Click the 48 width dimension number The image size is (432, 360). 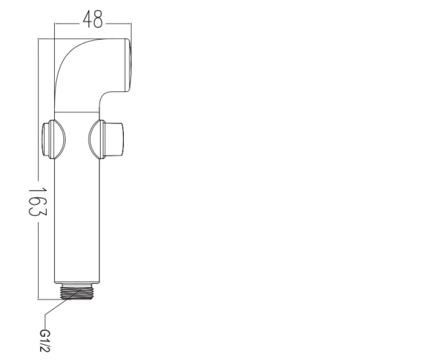tap(93, 19)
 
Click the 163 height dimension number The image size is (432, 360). tap(38, 202)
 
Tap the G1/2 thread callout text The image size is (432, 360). tap(45, 341)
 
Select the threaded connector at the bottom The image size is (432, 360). tap(76, 293)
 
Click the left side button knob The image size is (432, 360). tap(48, 139)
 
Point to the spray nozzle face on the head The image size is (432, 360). tap(129, 65)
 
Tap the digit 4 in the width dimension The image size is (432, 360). tap(88, 19)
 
